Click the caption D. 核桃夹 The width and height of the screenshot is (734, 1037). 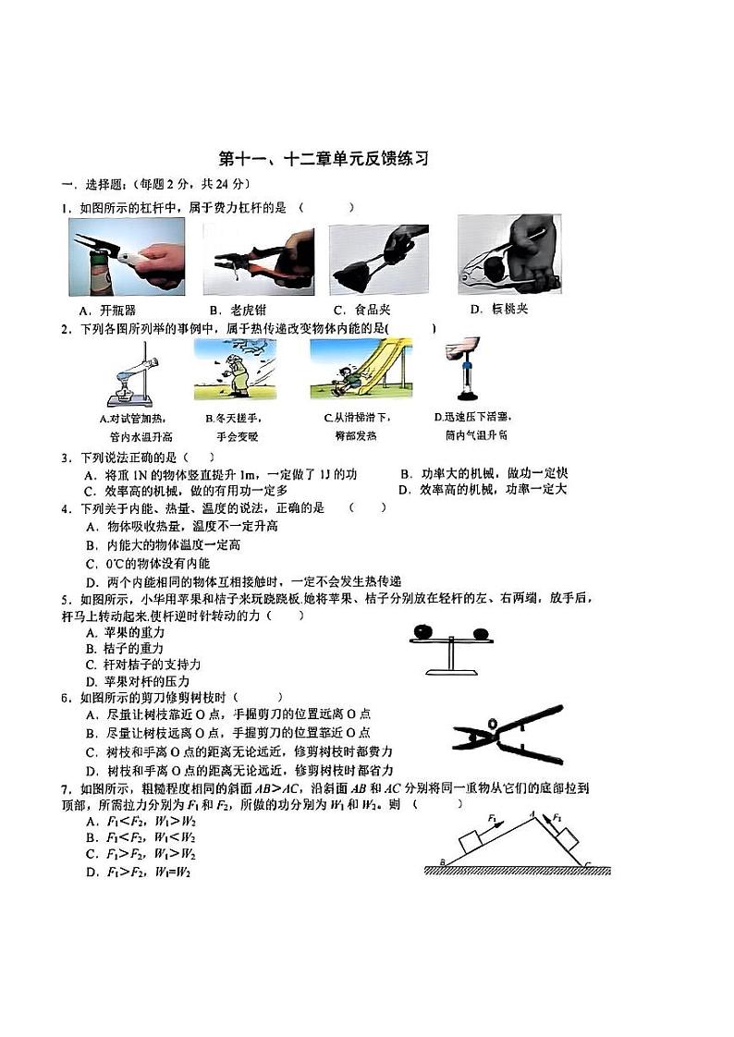[498, 309]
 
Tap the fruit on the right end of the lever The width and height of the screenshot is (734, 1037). [480, 633]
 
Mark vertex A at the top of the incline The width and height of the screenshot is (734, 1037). [532, 813]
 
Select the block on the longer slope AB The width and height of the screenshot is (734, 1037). [474, 840]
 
